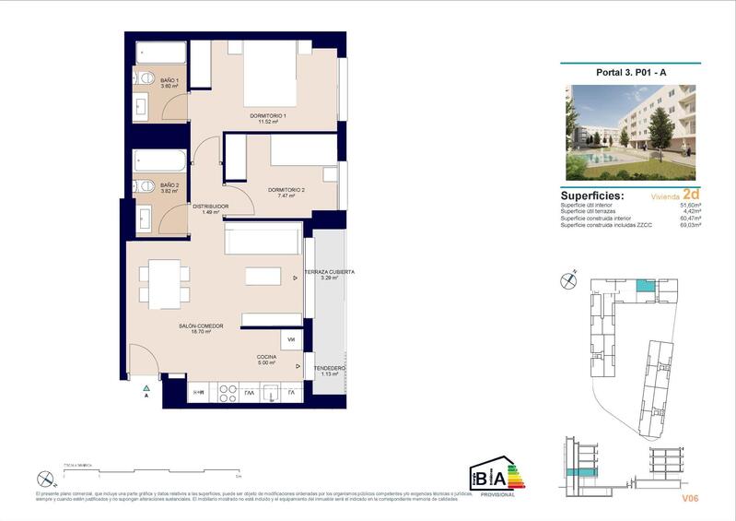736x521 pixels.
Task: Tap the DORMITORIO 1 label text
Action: (268, 117)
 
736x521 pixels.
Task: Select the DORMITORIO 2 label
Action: (286, 192)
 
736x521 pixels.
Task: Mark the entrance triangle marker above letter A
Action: (146, 387)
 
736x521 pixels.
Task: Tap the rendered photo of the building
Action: (630, 133)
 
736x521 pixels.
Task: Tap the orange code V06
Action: (691, 499)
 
